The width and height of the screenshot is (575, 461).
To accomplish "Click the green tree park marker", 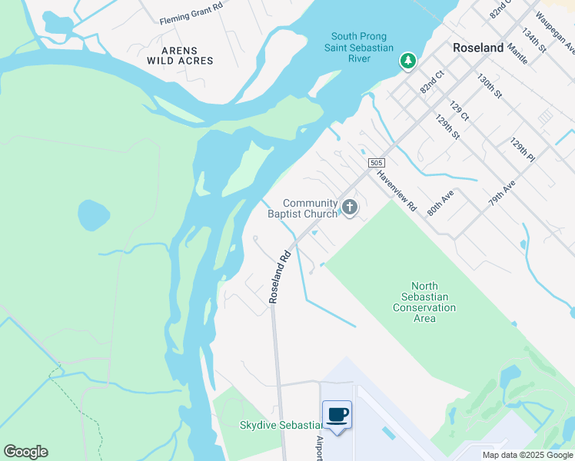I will click(407, 61).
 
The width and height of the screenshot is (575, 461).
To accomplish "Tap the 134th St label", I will click(533, 41).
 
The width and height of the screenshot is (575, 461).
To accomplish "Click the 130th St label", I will click(489, 87).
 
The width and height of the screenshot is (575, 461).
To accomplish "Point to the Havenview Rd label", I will click(396, 191).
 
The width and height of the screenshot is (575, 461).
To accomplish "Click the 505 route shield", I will click(376, 163).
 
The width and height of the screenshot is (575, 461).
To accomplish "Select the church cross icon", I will click(350, 206).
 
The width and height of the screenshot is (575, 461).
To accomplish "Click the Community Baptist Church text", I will click(302, 208).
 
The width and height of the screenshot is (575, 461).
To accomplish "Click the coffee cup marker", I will click(337, 416).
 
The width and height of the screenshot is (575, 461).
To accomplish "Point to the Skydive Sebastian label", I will click(281, 426).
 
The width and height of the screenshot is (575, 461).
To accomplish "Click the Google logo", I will click(25, 452).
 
